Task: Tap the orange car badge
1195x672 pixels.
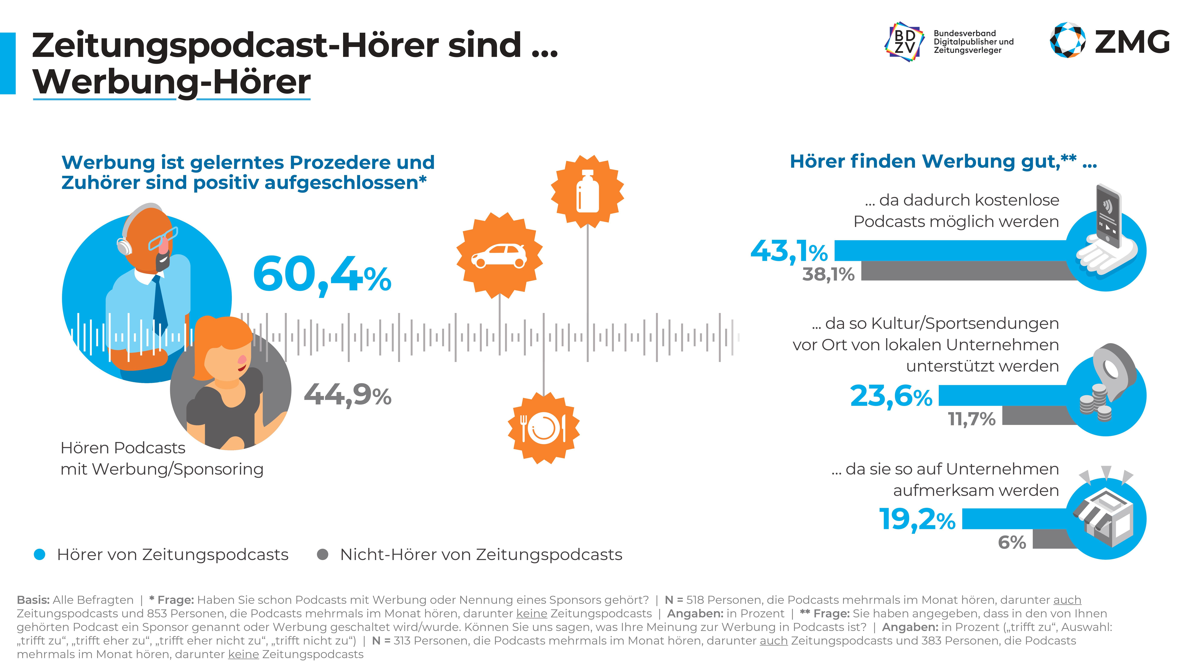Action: tap(499, 255)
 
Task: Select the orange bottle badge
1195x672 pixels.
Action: tap(587, 192)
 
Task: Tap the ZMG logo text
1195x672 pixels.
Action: tap(1132, 42)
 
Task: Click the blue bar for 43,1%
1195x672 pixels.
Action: tap(951, 251)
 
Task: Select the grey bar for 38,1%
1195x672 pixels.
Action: tap(965, 271)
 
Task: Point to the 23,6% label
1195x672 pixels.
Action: tap(891, 397)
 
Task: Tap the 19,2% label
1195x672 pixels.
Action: tap(917, 519)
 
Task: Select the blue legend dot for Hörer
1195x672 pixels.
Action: tap(40, 554)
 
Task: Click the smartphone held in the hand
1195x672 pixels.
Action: tap(1109, 216)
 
